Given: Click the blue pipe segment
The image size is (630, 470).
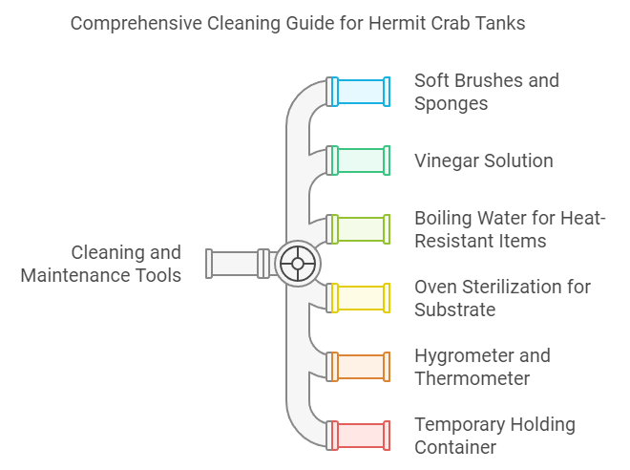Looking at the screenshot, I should coord(359,92).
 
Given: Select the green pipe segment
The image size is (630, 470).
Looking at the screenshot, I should coord(359,160).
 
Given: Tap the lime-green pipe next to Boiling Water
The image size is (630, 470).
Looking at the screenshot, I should coord(359,229).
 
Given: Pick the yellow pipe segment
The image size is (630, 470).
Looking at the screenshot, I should coord(359,298).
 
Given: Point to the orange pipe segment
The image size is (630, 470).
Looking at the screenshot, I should coord(359,367).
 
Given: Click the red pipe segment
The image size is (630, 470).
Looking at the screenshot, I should coord(359,436).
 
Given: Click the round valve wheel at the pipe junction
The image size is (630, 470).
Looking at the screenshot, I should coord(298,264).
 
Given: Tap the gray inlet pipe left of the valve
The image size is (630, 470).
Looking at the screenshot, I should coord(235,264).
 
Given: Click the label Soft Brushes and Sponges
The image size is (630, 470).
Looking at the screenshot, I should coord(486,92).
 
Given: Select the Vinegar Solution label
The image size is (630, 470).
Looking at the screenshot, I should coord(483,160).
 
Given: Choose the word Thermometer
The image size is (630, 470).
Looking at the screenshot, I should coord(472,378).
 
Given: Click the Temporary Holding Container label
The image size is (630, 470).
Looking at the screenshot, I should coord(494,436).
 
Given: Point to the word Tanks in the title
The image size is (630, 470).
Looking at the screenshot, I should coord(499,23).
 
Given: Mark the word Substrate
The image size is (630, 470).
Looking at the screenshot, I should coord(455,310).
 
